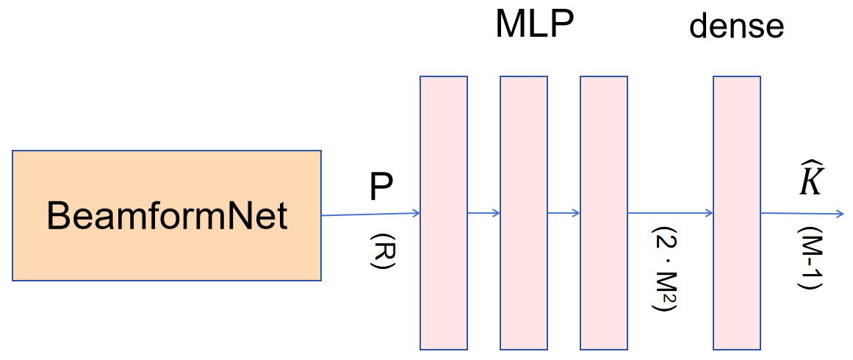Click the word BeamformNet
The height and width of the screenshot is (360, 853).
point(167,217)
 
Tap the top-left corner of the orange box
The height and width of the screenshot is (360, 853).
point(13,151)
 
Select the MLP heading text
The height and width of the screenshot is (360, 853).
point(534,25)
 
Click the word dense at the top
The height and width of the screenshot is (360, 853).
point(736,27)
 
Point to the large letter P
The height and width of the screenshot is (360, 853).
point(381,189)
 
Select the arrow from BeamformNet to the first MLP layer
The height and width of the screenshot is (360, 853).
point(370,215)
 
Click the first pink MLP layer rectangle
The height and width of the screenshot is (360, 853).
point(443,212)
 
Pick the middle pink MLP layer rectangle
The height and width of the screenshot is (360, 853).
point(523,212)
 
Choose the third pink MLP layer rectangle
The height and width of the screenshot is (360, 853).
point(603,212)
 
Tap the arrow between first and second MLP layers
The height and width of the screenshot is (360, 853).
point(483,214)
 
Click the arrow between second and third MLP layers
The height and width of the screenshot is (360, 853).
point(564,214)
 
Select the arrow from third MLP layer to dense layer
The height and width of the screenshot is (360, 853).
point(670,214)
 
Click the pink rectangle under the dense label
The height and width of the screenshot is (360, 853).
point(737,212)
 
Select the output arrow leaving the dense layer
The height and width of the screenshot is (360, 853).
point(801,215)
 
